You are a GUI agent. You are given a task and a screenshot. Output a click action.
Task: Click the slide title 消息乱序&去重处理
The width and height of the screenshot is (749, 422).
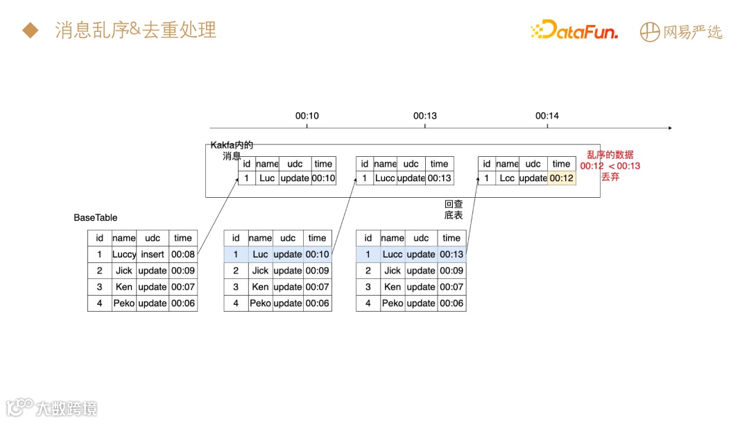(136, 30)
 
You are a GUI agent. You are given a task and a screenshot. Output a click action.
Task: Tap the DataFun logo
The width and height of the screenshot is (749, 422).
(574, 31)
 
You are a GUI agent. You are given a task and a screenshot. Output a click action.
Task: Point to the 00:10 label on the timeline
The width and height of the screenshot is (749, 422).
(307, 116)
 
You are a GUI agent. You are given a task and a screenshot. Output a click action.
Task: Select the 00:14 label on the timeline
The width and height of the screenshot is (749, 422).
(547, 116)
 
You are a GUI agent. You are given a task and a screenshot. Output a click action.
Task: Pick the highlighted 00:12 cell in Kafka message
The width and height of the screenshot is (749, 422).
(561, 178)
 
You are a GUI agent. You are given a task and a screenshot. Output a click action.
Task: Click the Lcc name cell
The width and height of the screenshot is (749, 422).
(507, 178)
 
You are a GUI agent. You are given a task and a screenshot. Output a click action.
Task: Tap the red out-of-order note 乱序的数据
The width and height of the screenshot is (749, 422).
(610, 155)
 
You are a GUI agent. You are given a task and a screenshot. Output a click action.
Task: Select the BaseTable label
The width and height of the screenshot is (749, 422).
(96, 217)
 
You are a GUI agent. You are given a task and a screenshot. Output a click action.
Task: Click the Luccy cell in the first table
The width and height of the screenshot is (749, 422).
(124, 254)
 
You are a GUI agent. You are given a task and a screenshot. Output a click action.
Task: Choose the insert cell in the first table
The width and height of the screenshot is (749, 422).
(153, 254)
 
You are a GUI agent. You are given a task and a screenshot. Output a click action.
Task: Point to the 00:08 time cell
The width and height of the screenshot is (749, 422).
(183, 254)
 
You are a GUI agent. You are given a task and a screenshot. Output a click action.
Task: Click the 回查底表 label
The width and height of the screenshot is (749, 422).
(454, 210)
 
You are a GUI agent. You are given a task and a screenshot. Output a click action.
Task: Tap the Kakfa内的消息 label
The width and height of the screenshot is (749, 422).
(232, 151)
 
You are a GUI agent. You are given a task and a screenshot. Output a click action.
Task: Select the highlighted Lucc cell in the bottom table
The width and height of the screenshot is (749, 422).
(393, 254)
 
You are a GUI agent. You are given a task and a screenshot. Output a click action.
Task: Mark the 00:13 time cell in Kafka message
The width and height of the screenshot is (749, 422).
(439, 178)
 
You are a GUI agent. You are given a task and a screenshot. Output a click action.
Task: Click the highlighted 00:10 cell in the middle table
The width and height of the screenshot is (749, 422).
(317, 254)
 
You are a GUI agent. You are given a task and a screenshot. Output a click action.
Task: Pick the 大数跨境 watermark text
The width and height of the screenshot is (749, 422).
(67, 407)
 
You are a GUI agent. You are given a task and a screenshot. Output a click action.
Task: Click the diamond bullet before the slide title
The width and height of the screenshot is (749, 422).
(30, 31)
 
